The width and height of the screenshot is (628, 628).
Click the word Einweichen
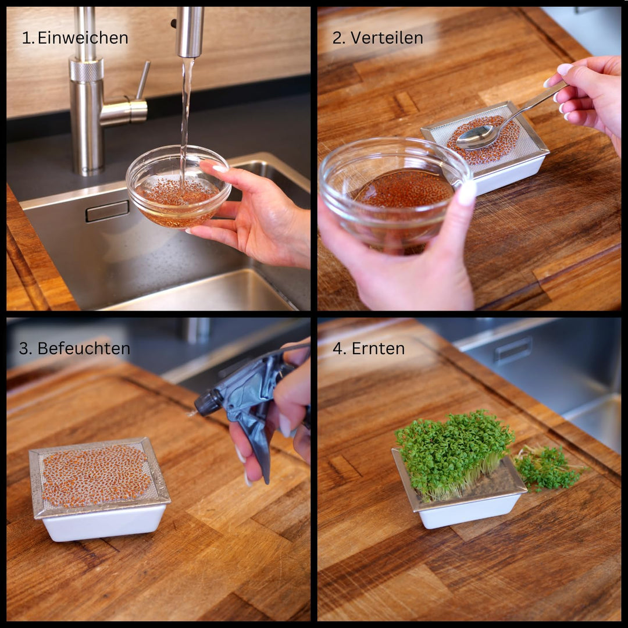click(83, 38)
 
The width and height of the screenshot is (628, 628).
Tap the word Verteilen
click(387, 38)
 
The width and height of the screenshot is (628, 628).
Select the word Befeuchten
click(84, 348)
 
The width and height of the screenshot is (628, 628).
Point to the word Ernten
click(378, 348)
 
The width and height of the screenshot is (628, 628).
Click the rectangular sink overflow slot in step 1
click(108, 210)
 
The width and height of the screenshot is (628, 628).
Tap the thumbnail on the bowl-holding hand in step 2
click(466, 192)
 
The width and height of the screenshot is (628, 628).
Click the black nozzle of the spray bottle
click(207, 402)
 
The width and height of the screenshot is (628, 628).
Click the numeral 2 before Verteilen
click(337, 38)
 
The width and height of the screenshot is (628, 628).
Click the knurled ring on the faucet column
click(86, 70)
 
